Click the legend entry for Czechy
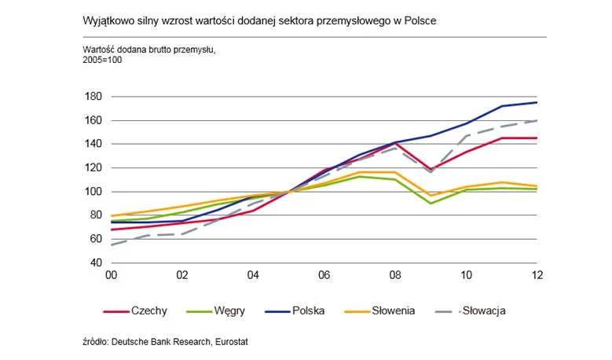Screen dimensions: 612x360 pyautogui.click(x=135, y=310)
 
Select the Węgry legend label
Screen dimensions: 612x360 pyautogui.click(x=215, y=310)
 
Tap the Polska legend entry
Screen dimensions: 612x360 pyautogui.click(x=295, y=310)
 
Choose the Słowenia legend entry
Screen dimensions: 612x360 pyautogui.click(x=379, y=310)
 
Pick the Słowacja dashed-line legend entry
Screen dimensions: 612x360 pyautogui.click(x=470, y=310)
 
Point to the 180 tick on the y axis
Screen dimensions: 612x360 pyautogui.click(x=93, y=97)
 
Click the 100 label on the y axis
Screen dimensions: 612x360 pyautogui.click(x=93, y=192)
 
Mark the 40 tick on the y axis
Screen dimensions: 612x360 pyautogui.click(x=96, y=263)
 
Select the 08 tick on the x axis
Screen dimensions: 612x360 pyautogui.click(x=395, y=275)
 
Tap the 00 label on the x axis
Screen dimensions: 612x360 pyautogui.click(x=112, y=275)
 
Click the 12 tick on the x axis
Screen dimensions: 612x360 pyautogui.click(x=537, y=275)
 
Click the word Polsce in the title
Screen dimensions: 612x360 pyautogui.click(x=420, y=20)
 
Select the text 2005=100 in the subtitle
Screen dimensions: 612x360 pyautogui.click(x=102, y=60)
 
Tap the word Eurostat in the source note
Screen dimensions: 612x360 pyautogui.click(x=232, y=342)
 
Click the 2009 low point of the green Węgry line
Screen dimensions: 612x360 pyautogui.click(x=431, y=204)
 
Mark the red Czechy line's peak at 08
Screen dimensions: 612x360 pyautogui.click(x=395, y=144)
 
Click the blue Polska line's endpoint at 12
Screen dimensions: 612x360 pyautogui.click(x=537, y=102)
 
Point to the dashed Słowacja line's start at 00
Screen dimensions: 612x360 pyautogui.click(x=112, y=244)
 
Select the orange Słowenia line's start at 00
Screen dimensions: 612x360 pyautogui.click(x=112, y=215)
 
